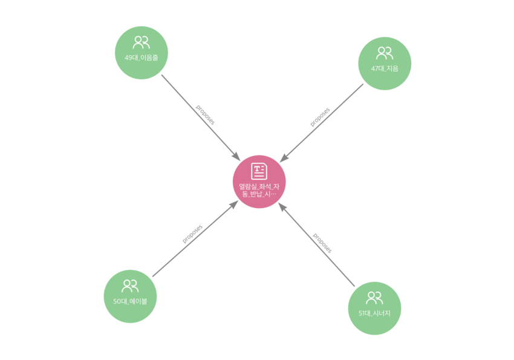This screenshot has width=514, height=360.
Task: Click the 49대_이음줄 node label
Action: [142, 58]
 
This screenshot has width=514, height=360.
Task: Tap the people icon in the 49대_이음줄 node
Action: [142, 42]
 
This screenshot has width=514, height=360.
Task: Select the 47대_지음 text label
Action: [385, 68]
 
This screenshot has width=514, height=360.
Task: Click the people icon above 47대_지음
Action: [385, 53]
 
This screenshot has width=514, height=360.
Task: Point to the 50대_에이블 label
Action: [130, 301]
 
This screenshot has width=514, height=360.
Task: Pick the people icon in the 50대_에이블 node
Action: [130, 286]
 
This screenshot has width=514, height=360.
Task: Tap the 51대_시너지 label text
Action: [375, 313]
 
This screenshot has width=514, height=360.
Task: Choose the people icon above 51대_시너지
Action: [375, 297]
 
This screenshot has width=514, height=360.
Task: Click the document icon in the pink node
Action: [259, 171]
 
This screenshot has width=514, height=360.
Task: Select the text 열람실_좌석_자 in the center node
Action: [259, 186]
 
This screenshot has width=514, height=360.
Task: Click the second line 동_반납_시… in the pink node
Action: [259, 194]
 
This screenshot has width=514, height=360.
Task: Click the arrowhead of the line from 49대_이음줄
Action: [236, 158]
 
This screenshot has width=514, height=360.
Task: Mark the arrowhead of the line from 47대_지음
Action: [284, 157]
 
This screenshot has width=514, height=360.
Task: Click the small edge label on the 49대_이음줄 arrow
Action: [204, 114]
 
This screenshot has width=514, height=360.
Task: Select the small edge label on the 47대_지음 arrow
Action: [320, 117]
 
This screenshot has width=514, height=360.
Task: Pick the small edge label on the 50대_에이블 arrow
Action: [192, 234]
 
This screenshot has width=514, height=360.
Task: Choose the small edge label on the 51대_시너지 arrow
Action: [321, 243]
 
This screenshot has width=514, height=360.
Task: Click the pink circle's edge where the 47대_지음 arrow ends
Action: [279, 162]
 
